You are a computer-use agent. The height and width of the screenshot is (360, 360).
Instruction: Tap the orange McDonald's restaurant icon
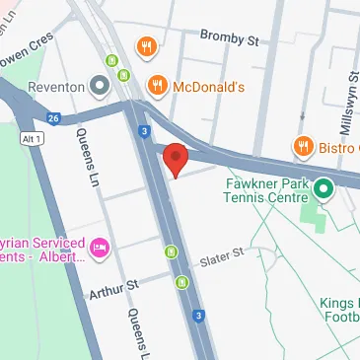157,87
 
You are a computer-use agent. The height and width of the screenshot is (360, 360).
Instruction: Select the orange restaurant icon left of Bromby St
147,46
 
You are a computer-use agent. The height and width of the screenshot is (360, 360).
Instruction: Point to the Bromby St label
229,40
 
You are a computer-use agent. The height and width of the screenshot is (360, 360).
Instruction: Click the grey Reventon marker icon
98,87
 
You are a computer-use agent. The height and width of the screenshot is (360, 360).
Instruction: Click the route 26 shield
52,118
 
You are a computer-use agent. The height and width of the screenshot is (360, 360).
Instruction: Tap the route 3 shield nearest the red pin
145,130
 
